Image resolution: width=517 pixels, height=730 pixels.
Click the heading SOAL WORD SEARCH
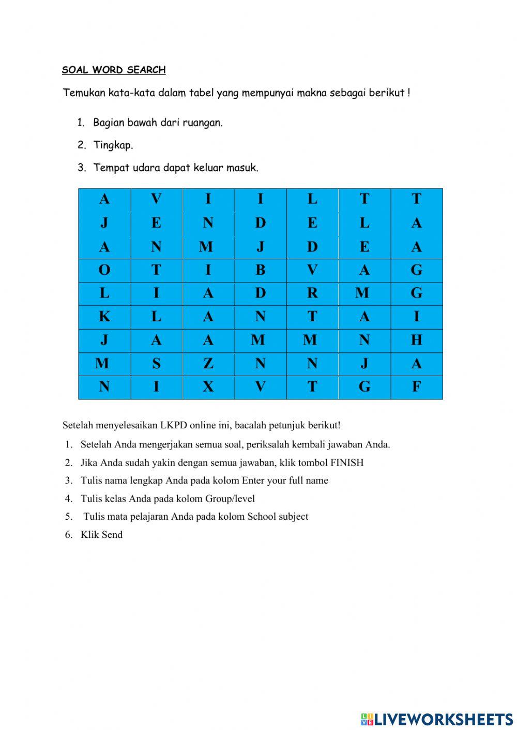(x=114, y=70)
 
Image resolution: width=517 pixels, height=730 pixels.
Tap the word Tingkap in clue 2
(x=113, y=145)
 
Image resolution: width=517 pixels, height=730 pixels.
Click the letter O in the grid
(x=104, y=270)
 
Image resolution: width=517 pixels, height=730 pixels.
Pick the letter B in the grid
(x=260, y=270)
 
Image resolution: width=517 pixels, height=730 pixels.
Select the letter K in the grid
(x=104, y=317)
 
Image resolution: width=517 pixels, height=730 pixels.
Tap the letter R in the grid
(x=312, y=293)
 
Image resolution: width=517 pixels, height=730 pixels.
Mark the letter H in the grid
(x=416, y=340)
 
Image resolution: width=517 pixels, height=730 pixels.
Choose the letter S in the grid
(x=156, y=364)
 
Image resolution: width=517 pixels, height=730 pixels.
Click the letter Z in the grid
(x=208, y=364)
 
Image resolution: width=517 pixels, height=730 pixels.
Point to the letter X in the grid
(x=208, y=387)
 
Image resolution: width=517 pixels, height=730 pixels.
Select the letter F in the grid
(x=416, y=387)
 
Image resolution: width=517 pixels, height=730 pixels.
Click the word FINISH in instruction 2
(x=347, y=462)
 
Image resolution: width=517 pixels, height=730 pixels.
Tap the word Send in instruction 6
(x=112, y=535)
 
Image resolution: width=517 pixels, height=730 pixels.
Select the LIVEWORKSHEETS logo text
(x=443, y=719)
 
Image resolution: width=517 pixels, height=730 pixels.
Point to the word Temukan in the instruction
(x=84, y=93)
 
